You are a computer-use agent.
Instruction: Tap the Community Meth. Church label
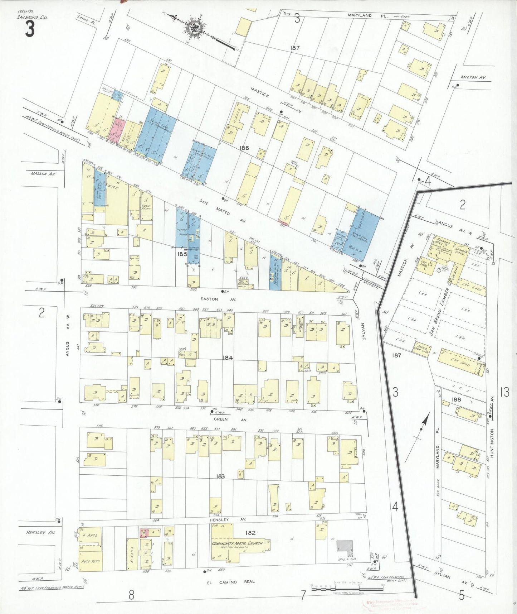237,543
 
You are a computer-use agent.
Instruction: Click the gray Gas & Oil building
344,546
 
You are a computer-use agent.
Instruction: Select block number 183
220,476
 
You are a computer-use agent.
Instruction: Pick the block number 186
245,148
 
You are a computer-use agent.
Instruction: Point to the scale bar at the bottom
347,587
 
